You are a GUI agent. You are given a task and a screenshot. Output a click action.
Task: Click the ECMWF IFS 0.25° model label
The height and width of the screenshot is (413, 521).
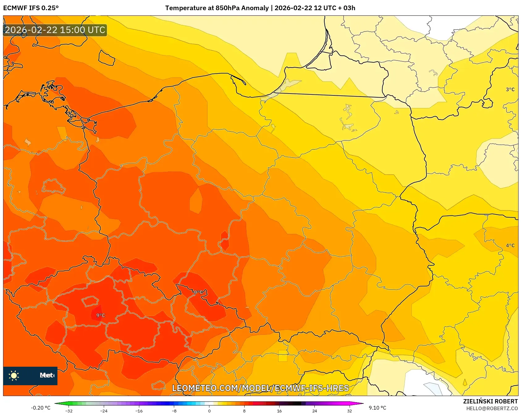tap(31, 8)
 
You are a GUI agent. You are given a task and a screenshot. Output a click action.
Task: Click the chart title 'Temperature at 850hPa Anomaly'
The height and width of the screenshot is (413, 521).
tap(217, 8)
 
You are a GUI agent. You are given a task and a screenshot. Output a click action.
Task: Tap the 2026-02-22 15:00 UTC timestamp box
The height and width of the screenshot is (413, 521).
tap(55, 30)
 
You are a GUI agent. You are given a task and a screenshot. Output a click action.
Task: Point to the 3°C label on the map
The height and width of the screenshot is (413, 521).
tap(510, 90)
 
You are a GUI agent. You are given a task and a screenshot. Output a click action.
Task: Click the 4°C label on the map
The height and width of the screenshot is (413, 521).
tap(510, 245)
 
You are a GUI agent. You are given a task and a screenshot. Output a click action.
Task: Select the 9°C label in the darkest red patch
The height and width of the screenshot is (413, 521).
tap(100, 315)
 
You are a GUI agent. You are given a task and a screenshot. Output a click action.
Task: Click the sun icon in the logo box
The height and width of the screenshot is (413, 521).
tap(14, 376)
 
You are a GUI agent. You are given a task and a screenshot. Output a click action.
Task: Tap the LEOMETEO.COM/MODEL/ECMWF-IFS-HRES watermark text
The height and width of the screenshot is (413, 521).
tap(260, 388)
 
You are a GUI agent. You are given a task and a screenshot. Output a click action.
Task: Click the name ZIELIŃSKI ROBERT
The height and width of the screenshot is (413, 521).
tap(490, 401)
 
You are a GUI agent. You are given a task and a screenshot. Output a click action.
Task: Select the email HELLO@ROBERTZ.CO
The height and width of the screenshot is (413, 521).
tap(492, 408)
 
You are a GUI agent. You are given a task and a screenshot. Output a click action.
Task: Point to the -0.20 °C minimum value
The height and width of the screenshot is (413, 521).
tap(40, 408)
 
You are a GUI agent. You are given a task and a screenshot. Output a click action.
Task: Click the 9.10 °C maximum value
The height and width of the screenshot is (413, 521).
tap(377, 408)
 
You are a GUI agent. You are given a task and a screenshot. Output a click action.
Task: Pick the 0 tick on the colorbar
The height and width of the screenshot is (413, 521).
tap(209, 411)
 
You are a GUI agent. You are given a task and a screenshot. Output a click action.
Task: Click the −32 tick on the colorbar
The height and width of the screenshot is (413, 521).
tap(69, 411)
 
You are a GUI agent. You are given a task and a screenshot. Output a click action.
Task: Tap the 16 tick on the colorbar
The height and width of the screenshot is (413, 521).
tap(279, 411)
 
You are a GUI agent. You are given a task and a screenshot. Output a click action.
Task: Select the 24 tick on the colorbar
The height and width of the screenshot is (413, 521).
tap(314, 411)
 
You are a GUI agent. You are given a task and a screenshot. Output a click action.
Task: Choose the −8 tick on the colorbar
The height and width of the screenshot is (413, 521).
tap(174, 411)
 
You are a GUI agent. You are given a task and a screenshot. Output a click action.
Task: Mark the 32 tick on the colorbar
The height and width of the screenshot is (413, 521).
tap(349, 411)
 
